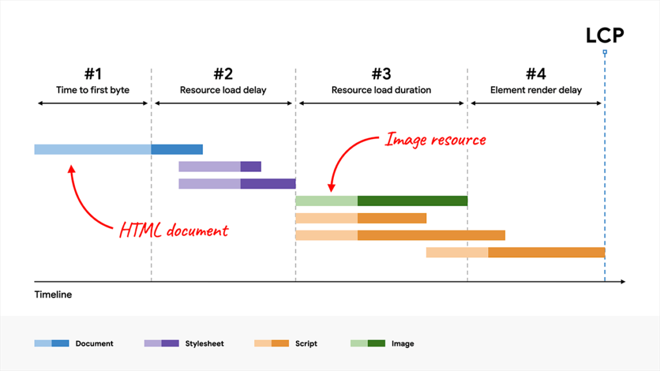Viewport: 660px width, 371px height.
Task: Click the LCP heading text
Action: coord(605,36)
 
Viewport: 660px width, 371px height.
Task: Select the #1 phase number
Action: coord(93,73)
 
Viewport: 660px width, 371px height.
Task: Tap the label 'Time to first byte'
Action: coord(93,90)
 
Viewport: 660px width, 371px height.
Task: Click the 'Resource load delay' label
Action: coord(223,90)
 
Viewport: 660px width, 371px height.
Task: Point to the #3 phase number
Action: coord(381,73)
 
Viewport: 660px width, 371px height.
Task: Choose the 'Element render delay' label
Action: coord(536,90)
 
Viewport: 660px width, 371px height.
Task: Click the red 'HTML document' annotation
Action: coord(174,230)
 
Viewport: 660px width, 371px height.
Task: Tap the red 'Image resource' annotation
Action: coord(435,139)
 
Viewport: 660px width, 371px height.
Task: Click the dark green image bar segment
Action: coord(412,201)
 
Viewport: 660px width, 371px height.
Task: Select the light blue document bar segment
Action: coord(93,149)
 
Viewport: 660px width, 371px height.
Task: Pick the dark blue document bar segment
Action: coord(177,149)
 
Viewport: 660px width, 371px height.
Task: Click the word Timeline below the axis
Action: coord(53,295)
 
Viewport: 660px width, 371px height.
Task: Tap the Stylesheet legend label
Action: coord(204,343)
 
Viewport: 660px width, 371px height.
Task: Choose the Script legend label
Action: coord(306,343)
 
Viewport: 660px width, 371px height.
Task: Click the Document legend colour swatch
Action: coord(52,343)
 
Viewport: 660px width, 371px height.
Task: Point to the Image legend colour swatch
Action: coord(367,343)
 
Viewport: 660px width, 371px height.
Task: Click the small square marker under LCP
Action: coord(605,52)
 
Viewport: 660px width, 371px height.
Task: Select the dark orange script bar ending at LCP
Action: coord(547,252)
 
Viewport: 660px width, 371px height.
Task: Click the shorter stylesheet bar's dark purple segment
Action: coord(251,167)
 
